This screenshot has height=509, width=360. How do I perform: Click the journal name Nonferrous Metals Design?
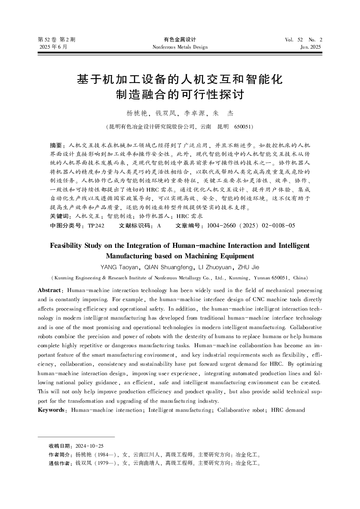coord(180,47)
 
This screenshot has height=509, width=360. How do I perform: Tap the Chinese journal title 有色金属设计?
coord(180,40)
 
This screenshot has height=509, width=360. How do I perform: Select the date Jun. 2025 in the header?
coord(311,47)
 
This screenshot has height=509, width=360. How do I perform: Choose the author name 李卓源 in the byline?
coord(195,113)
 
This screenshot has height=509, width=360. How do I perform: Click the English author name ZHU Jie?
coord(248,267)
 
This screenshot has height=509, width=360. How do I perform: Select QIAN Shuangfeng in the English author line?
coord(169,267)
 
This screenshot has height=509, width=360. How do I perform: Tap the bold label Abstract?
coord(49,290)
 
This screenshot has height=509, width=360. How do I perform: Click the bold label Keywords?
coord(51,410)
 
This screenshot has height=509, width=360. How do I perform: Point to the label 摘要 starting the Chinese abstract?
coord(56,145)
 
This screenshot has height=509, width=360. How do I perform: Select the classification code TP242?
coord(96,226)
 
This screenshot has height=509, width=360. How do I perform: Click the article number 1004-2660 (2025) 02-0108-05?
coord(251,226)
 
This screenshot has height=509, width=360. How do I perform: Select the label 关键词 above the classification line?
coord(59,217)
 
